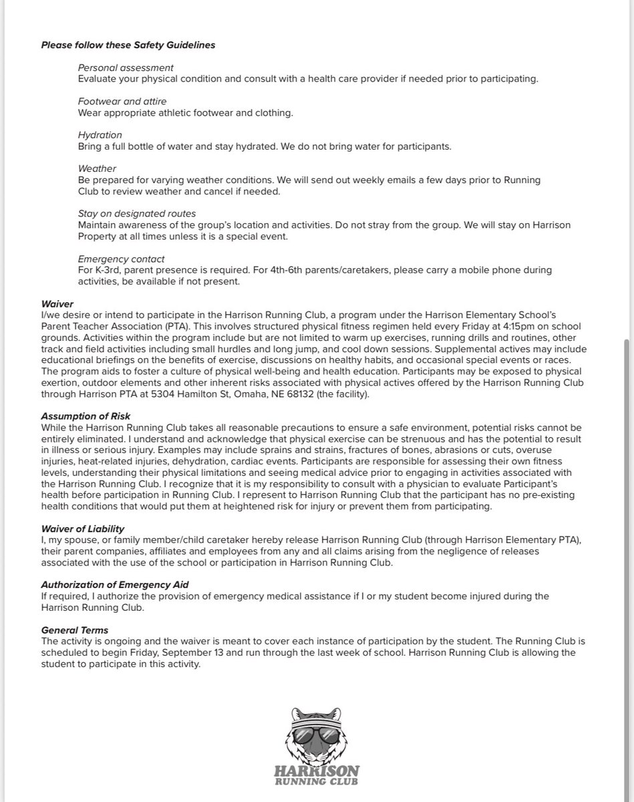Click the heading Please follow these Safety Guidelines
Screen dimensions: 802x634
point(128,45)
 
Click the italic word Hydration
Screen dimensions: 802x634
point(100,135)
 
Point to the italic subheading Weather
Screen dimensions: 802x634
point(97,169)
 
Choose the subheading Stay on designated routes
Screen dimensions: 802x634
point(136,214)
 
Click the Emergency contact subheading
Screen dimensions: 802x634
point(121,259)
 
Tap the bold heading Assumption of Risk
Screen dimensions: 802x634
point(86,416)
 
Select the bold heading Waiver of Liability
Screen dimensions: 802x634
point(83,529)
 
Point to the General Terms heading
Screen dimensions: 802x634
point(74,630)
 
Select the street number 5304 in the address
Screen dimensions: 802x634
point(160,394)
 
